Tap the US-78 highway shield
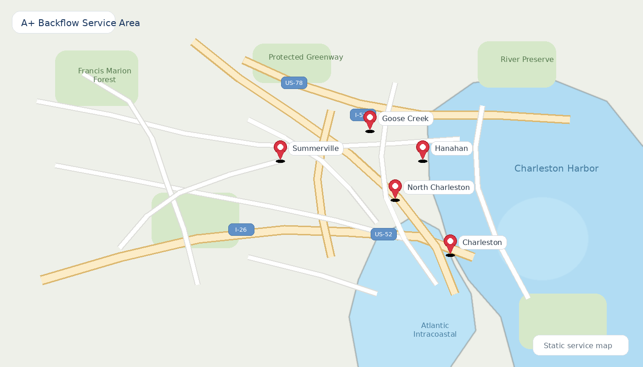(x=294, y=83)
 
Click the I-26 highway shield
(x=241, y=230)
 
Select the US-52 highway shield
(x=384, y=234)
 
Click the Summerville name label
(x=316, y=149)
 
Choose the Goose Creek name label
(x=405, y=119)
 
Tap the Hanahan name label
(x=451, y=149)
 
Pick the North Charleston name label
(x=438, y=188)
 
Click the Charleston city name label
(x=482, y=243)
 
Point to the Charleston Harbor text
(x=556, y=169)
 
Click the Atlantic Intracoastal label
(x=435, y=330)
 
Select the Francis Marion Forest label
(x=105, y=75)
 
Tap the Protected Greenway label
(x=306, y=57)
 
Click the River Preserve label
(x=527, y=60)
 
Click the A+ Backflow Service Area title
(x=80, y=23)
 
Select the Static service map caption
(x=578, y=346)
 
